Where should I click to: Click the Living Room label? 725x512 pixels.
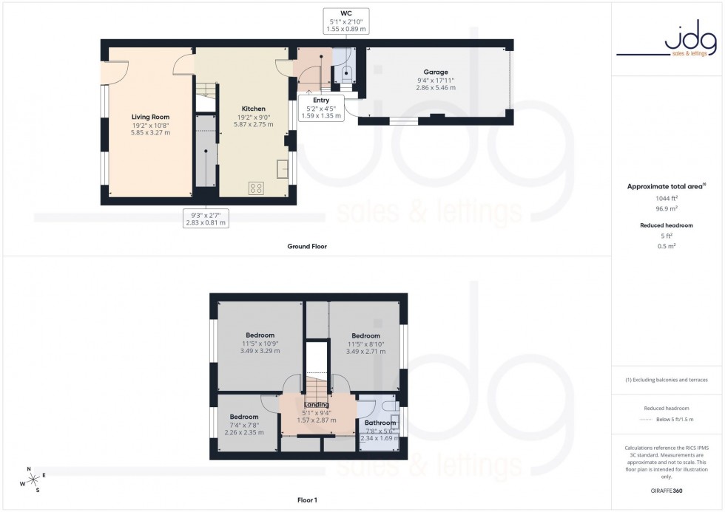(151, 117)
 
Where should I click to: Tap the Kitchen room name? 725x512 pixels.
(254, 109)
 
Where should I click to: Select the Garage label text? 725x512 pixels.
(436, 71)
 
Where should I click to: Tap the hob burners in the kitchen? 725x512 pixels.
(257, 188)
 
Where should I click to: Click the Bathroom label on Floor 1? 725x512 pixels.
(380, 423)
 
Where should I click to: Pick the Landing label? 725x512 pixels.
(316, 405)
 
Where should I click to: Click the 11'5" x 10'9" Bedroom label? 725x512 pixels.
(260, 335)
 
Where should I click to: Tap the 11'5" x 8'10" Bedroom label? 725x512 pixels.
(365, 336)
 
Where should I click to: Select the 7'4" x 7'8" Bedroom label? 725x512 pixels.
(244, 417)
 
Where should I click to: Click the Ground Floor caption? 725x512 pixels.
(307, 246)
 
